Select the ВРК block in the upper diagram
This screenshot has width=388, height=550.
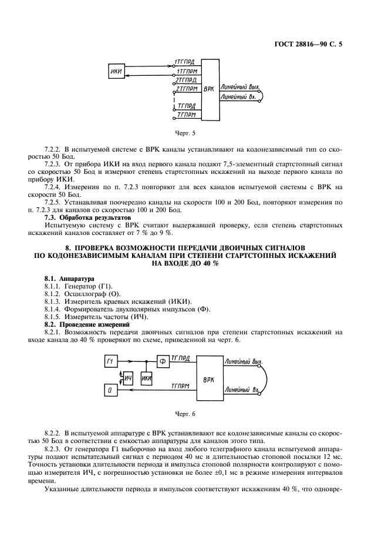point(208,89)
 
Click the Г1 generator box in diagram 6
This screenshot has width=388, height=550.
point(111,361)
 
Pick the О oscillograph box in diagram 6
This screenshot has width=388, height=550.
point(110,390)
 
